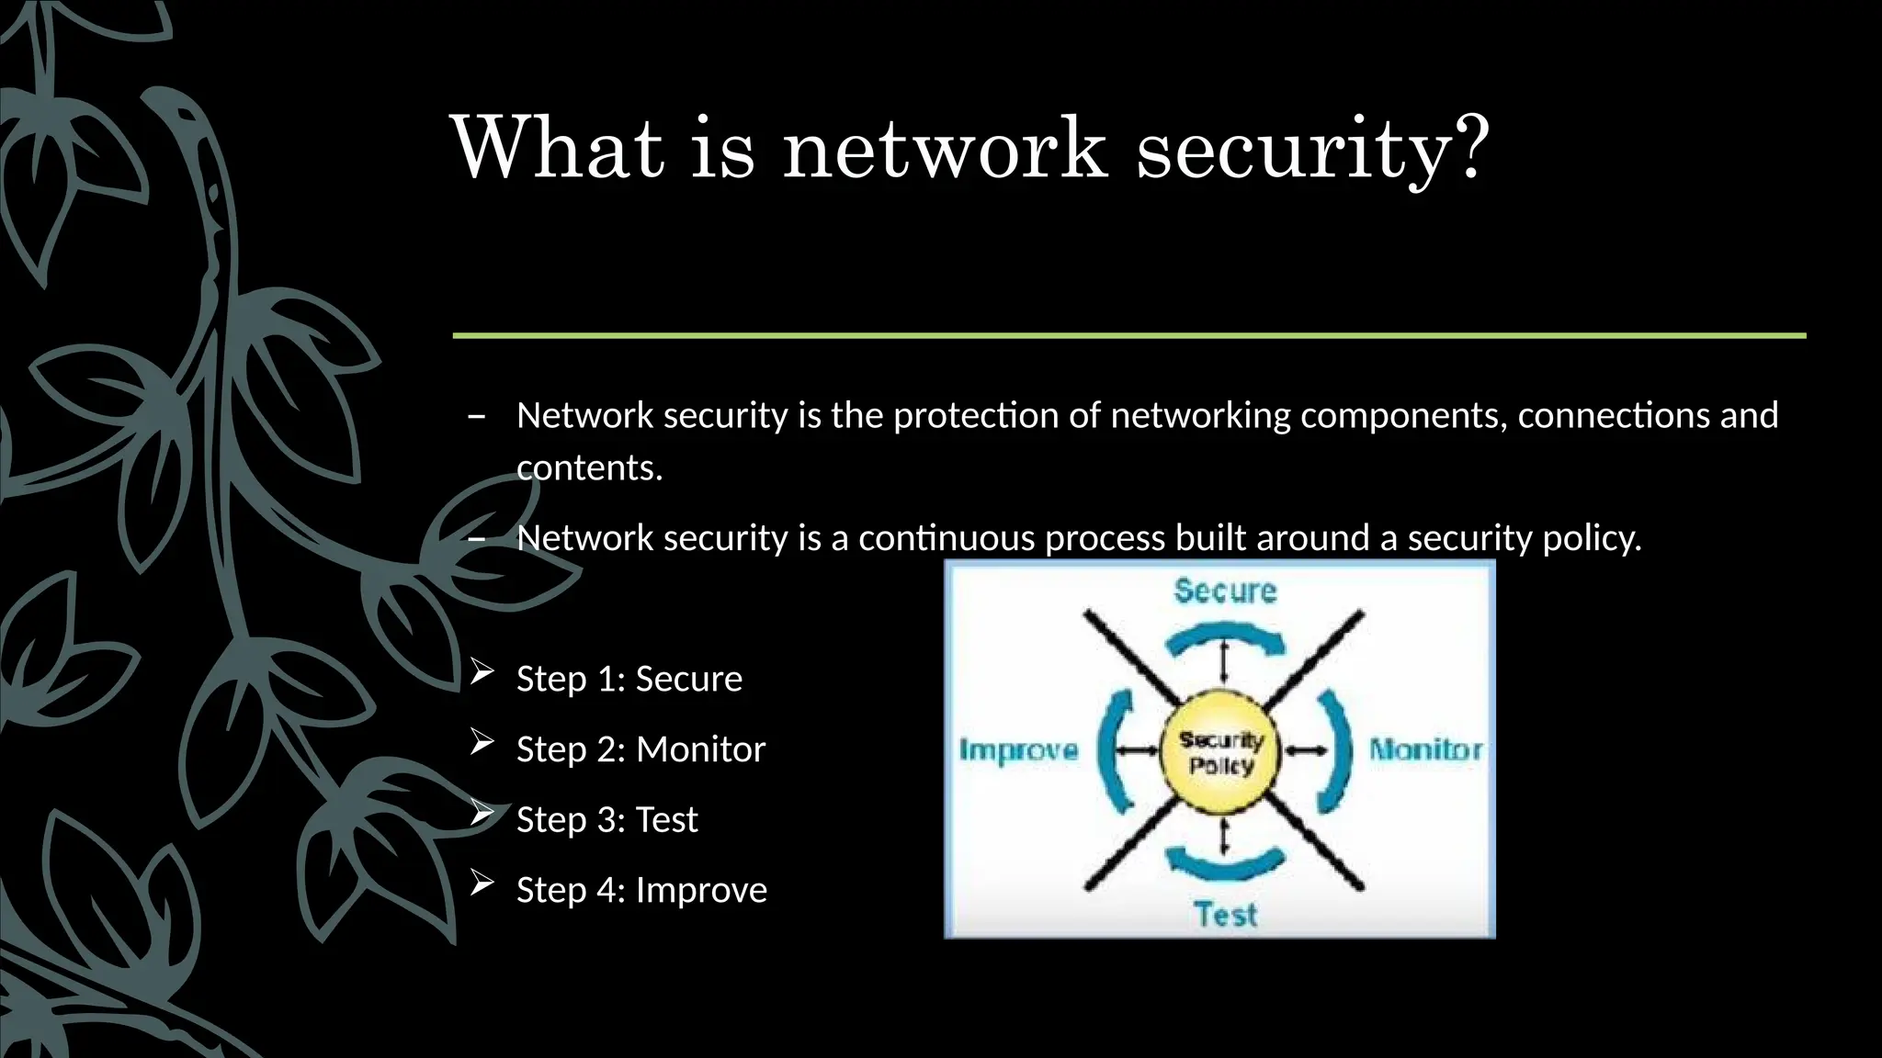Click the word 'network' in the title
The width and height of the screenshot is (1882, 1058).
click(945, 149)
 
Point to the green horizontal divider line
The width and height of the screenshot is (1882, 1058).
click(1128, 336)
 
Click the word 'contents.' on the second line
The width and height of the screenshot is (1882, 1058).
click(589, 468)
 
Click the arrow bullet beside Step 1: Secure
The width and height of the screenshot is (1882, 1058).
click(482, 673)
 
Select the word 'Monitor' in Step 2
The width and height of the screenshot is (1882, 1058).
click(700, 749)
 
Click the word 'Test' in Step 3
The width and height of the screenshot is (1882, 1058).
click(666, 819)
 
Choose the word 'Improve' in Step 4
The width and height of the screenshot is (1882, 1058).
click(701, 890)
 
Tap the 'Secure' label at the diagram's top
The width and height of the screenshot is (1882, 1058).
click(1225, 591)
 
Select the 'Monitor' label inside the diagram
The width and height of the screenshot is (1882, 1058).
click(1424, 750)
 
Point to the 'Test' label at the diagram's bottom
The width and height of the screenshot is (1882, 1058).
click(1225, 915)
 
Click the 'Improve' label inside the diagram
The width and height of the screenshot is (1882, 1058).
click(1019, 750)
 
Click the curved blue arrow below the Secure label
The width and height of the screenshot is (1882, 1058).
click(1225, 637)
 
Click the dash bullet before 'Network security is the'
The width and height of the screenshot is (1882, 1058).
click(476, 417)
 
